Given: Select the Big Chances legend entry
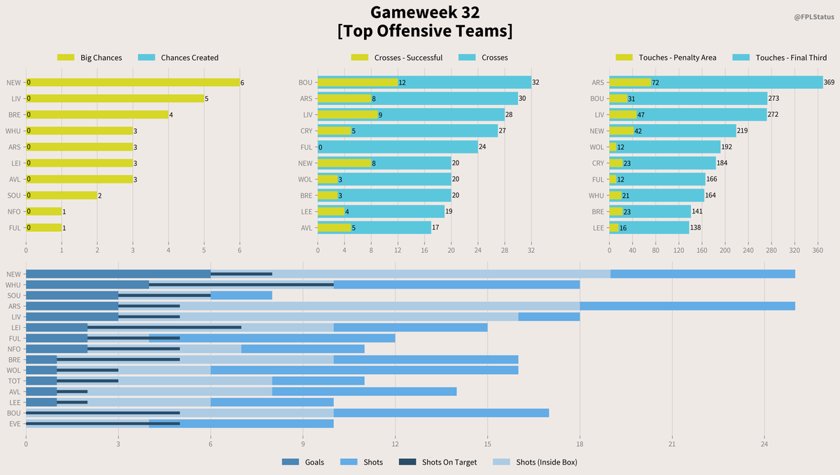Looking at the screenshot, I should tap(101, 57).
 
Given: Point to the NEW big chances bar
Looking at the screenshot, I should tap(133, 83).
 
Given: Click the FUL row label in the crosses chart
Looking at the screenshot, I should tap(305, 147).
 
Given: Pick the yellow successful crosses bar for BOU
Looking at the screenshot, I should tap(358, 83).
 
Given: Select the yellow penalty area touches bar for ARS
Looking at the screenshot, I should tap(630, 83).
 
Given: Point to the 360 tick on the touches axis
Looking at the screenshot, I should tap(817, 249).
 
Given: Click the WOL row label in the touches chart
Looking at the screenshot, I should tap(597, 147).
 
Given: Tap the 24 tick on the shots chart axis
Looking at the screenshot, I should tap(764, 443).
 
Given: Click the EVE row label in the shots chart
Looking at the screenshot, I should tap(15, 423).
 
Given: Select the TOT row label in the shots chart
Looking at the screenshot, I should tap(15, 380).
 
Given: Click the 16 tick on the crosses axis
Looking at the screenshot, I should tap(424, 249).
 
